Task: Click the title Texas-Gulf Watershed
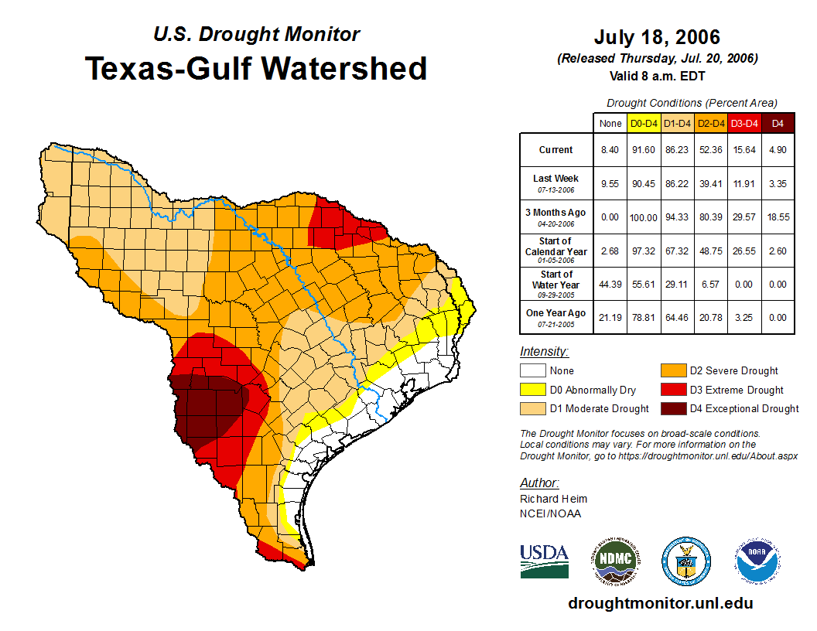click(256, 68)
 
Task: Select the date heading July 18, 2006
click(657, 37)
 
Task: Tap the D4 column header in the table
click(778, 123)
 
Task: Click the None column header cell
click(610, 123)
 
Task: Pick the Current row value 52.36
click(710, 150)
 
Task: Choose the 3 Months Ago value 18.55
click(778, 217)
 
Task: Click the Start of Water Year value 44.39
click(610, 285)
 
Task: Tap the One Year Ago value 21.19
click(610, 318)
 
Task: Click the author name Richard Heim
click(553, 499)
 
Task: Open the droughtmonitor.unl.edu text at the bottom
click(660, 603)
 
